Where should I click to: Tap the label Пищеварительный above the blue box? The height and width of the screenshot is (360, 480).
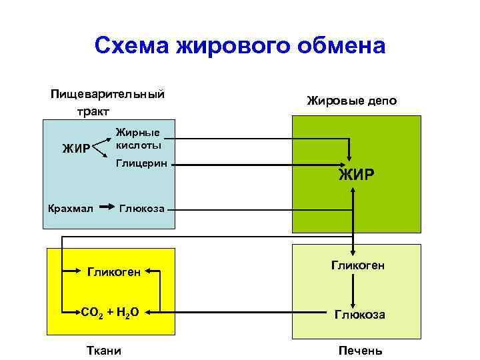[108, 94]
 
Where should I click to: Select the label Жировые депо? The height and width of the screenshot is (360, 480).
[351, 101]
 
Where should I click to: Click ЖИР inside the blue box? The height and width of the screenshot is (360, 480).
[75, 148]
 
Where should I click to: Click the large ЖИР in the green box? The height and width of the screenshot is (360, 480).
[356, 175]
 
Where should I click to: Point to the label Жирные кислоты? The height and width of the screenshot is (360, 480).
[138, 138]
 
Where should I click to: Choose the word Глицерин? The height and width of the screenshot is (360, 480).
[141, 162]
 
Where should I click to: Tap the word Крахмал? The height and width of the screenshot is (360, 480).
[71, 210]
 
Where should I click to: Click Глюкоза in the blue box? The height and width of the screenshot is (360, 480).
[142, 210]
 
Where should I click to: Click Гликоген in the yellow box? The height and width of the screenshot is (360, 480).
[114, 271]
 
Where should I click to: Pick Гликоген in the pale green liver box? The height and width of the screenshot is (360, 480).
[357, 265]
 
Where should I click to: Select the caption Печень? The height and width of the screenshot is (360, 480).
[361, 351]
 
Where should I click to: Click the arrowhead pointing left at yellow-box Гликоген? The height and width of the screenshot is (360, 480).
[150, 271]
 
